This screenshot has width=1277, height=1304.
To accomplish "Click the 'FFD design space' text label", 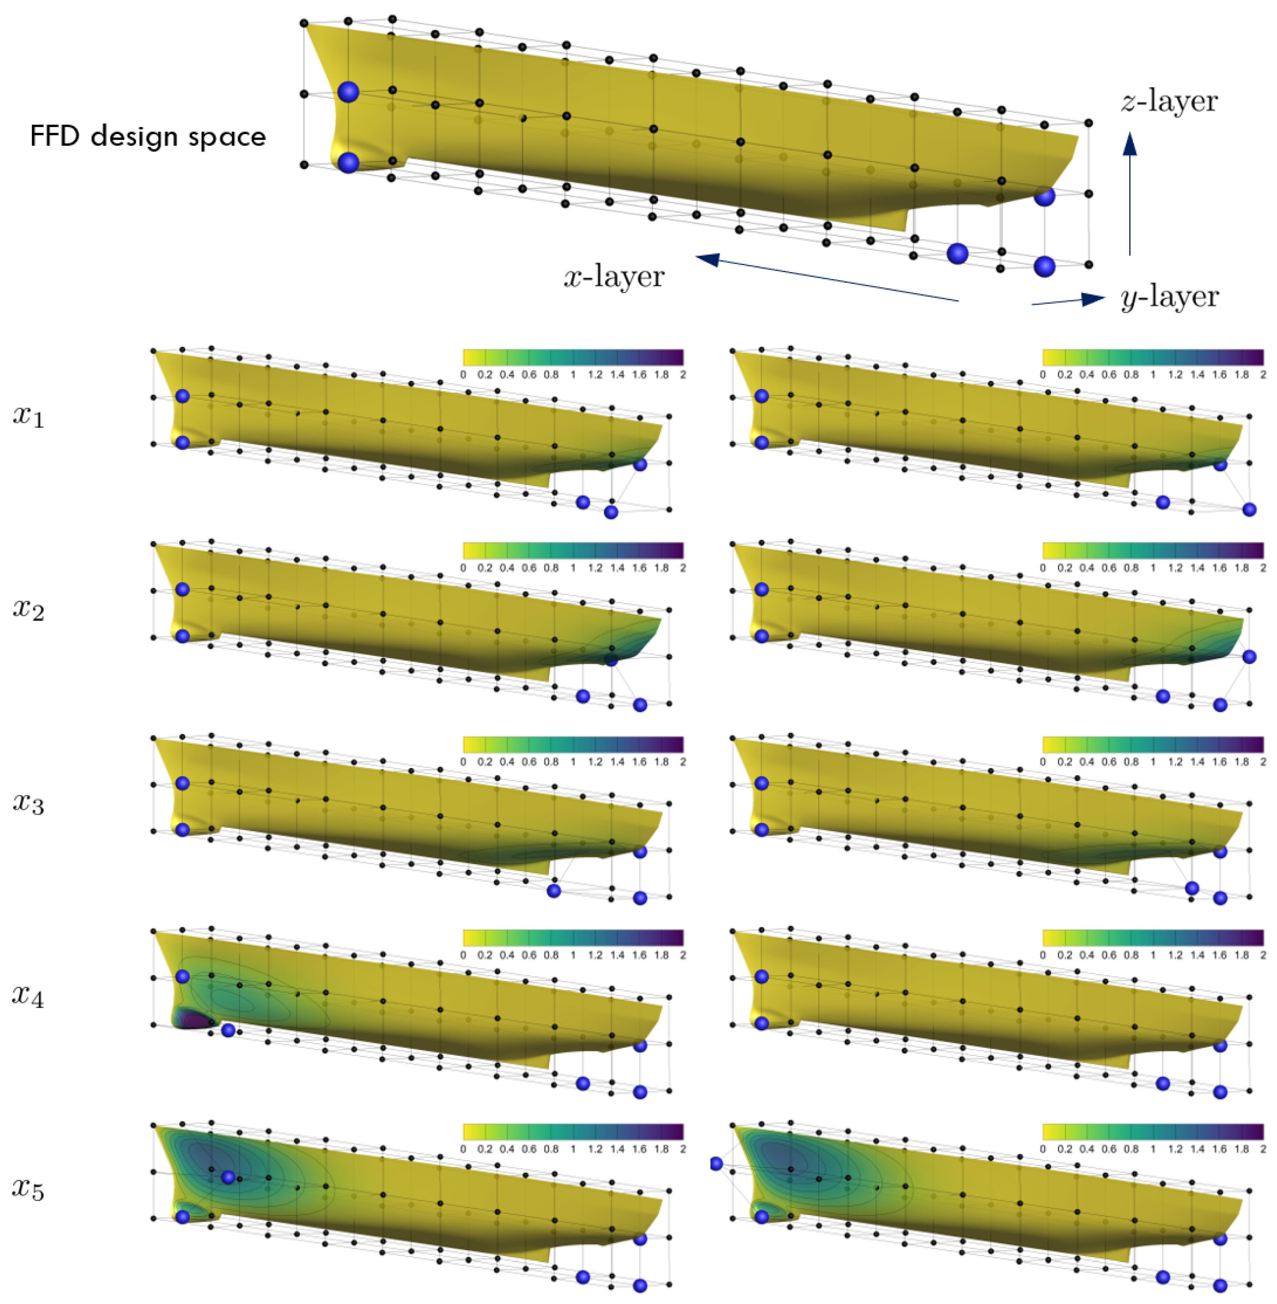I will click(x=148, y=136).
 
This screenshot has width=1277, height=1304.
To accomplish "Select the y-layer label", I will click(x=1170, y=297).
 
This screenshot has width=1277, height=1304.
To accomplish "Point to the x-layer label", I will click(x=614, y=276).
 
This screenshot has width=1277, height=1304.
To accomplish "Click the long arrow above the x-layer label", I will click(x=825, y=278).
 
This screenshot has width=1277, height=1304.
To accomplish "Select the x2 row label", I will click(x=28, y=609).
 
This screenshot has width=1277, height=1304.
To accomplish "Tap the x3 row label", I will click(x=28, y=803).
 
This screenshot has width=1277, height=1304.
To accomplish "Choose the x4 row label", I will click(x=28, y=996).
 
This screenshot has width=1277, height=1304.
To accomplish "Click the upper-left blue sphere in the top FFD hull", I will click(x=348, y=92).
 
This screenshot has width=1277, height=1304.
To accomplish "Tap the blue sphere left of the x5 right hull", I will click(x=716, y=1163).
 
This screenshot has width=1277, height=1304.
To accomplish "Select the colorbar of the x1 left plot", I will click(x=573, y=357).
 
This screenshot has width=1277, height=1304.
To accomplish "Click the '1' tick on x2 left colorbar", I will click(x=573, y=568).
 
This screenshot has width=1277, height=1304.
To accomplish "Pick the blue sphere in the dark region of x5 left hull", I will click(x=228, y=1177).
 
